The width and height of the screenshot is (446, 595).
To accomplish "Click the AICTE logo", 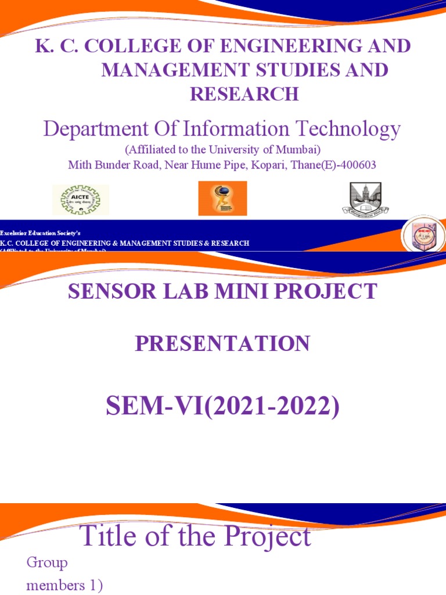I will click(x=80, y=199).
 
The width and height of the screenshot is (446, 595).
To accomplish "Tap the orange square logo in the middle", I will click(x=222, y=198).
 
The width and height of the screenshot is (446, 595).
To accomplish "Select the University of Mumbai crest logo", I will click(x=365, y=199).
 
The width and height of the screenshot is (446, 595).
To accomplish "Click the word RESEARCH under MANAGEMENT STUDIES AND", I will click(x=244, y=94).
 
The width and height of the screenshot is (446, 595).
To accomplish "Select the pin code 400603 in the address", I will click(x=357, y=164).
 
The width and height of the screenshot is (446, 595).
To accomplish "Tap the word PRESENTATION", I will click(x=222, y=344).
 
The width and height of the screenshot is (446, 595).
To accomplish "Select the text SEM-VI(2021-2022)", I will click(x=222, y=407).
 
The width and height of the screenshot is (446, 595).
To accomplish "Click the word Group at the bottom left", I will click(x=47, y=562).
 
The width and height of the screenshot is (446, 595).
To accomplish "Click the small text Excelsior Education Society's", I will click(x=36, y=232).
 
